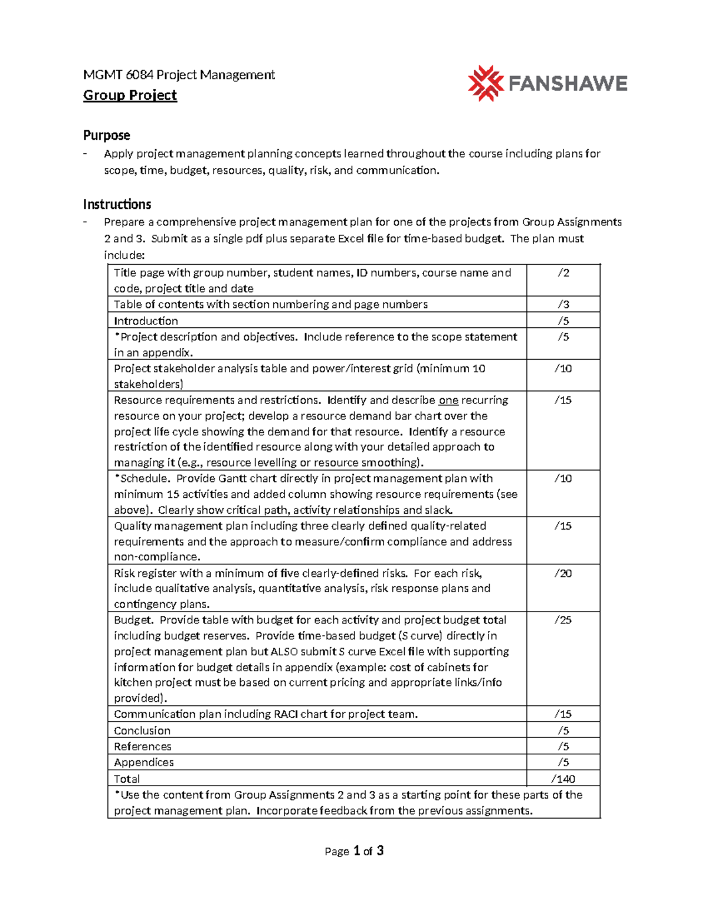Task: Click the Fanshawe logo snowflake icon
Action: point(485,83)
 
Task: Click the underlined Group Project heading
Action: point(130,95)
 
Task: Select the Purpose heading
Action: point(106,135)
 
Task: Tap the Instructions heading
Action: point(117,204)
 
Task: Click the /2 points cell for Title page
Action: point(563,272)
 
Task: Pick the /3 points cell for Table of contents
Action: point(563,304)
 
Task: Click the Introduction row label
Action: point(146,321)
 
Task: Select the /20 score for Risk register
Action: point(563,573)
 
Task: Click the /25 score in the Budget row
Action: point(563,620)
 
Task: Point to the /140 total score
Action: point(563,779)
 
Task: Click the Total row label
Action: point(127,779)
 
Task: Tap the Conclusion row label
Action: point(142,730)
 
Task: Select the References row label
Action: point(142,746)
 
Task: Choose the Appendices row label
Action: point(144,762)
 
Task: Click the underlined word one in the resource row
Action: point(448,400)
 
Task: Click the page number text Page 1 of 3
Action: point(354,851)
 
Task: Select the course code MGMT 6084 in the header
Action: point(118,75)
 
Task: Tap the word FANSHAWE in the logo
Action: point(567,84)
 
